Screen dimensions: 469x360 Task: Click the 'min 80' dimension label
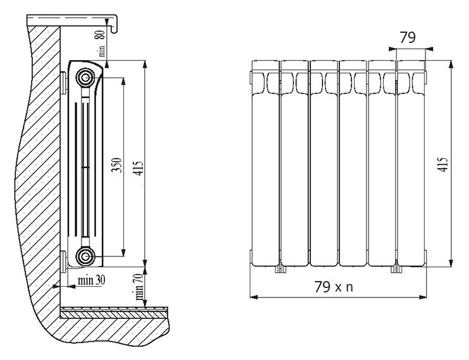pos(102,44)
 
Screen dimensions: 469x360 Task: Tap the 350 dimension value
pos(117,165)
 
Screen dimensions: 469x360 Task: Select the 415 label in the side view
pos(139,169)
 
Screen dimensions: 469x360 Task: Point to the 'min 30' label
pos(92,280)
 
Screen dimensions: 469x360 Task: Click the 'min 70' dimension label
pos(139,287)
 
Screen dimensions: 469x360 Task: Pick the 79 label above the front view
pos(408,38)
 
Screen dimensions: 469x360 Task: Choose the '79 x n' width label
pos(334,287)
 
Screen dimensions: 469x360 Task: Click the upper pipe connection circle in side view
pos(85,78)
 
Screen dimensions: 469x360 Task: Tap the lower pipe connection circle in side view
pos(85,256)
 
